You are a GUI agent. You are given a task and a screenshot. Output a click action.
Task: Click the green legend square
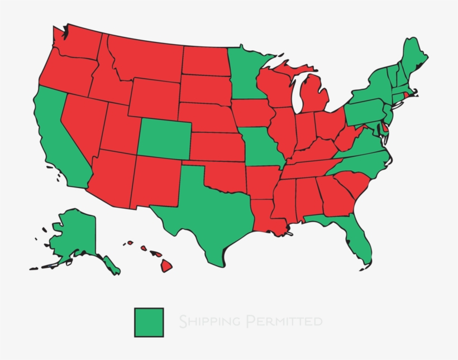pyautogui.click(x=149, y=322)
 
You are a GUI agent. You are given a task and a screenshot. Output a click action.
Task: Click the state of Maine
pyautogui.click(x=414, y=56)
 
